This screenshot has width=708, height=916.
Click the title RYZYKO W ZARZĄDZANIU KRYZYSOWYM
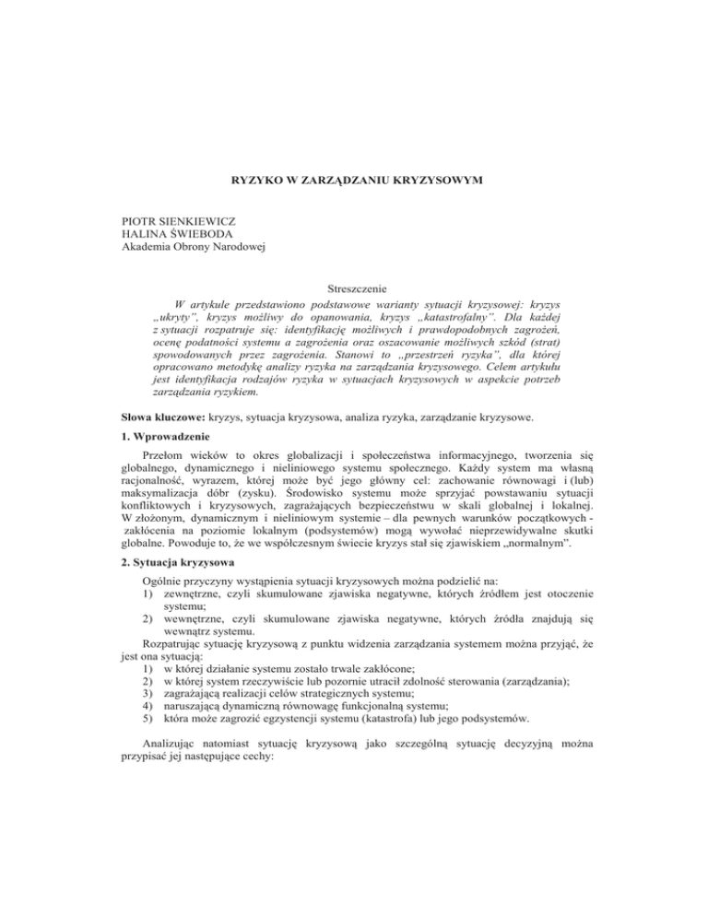354,170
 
